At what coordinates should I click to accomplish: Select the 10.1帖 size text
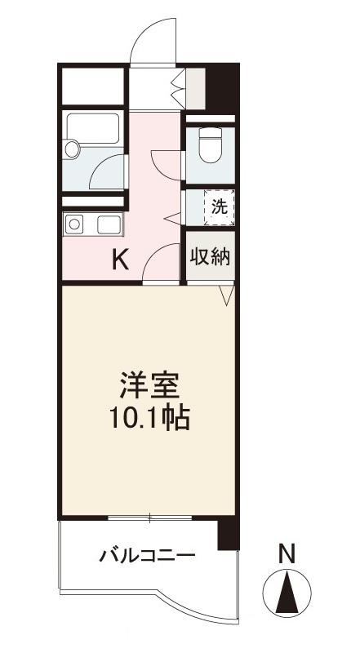[x=150, y=419]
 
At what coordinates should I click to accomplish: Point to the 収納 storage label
[x=211, y=256]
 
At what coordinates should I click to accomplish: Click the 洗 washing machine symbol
[x=218, y=207]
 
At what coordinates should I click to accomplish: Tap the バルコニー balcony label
[x=148, y=557]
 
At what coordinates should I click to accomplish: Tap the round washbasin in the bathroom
[x=72, y=149]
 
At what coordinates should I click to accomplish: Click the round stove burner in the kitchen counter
[x=74, y=224]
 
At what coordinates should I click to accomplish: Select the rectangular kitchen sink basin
[x=109, y=224]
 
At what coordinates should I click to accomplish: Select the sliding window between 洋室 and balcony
[x=150, y=518]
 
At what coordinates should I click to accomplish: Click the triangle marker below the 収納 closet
[x=227, y=294]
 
